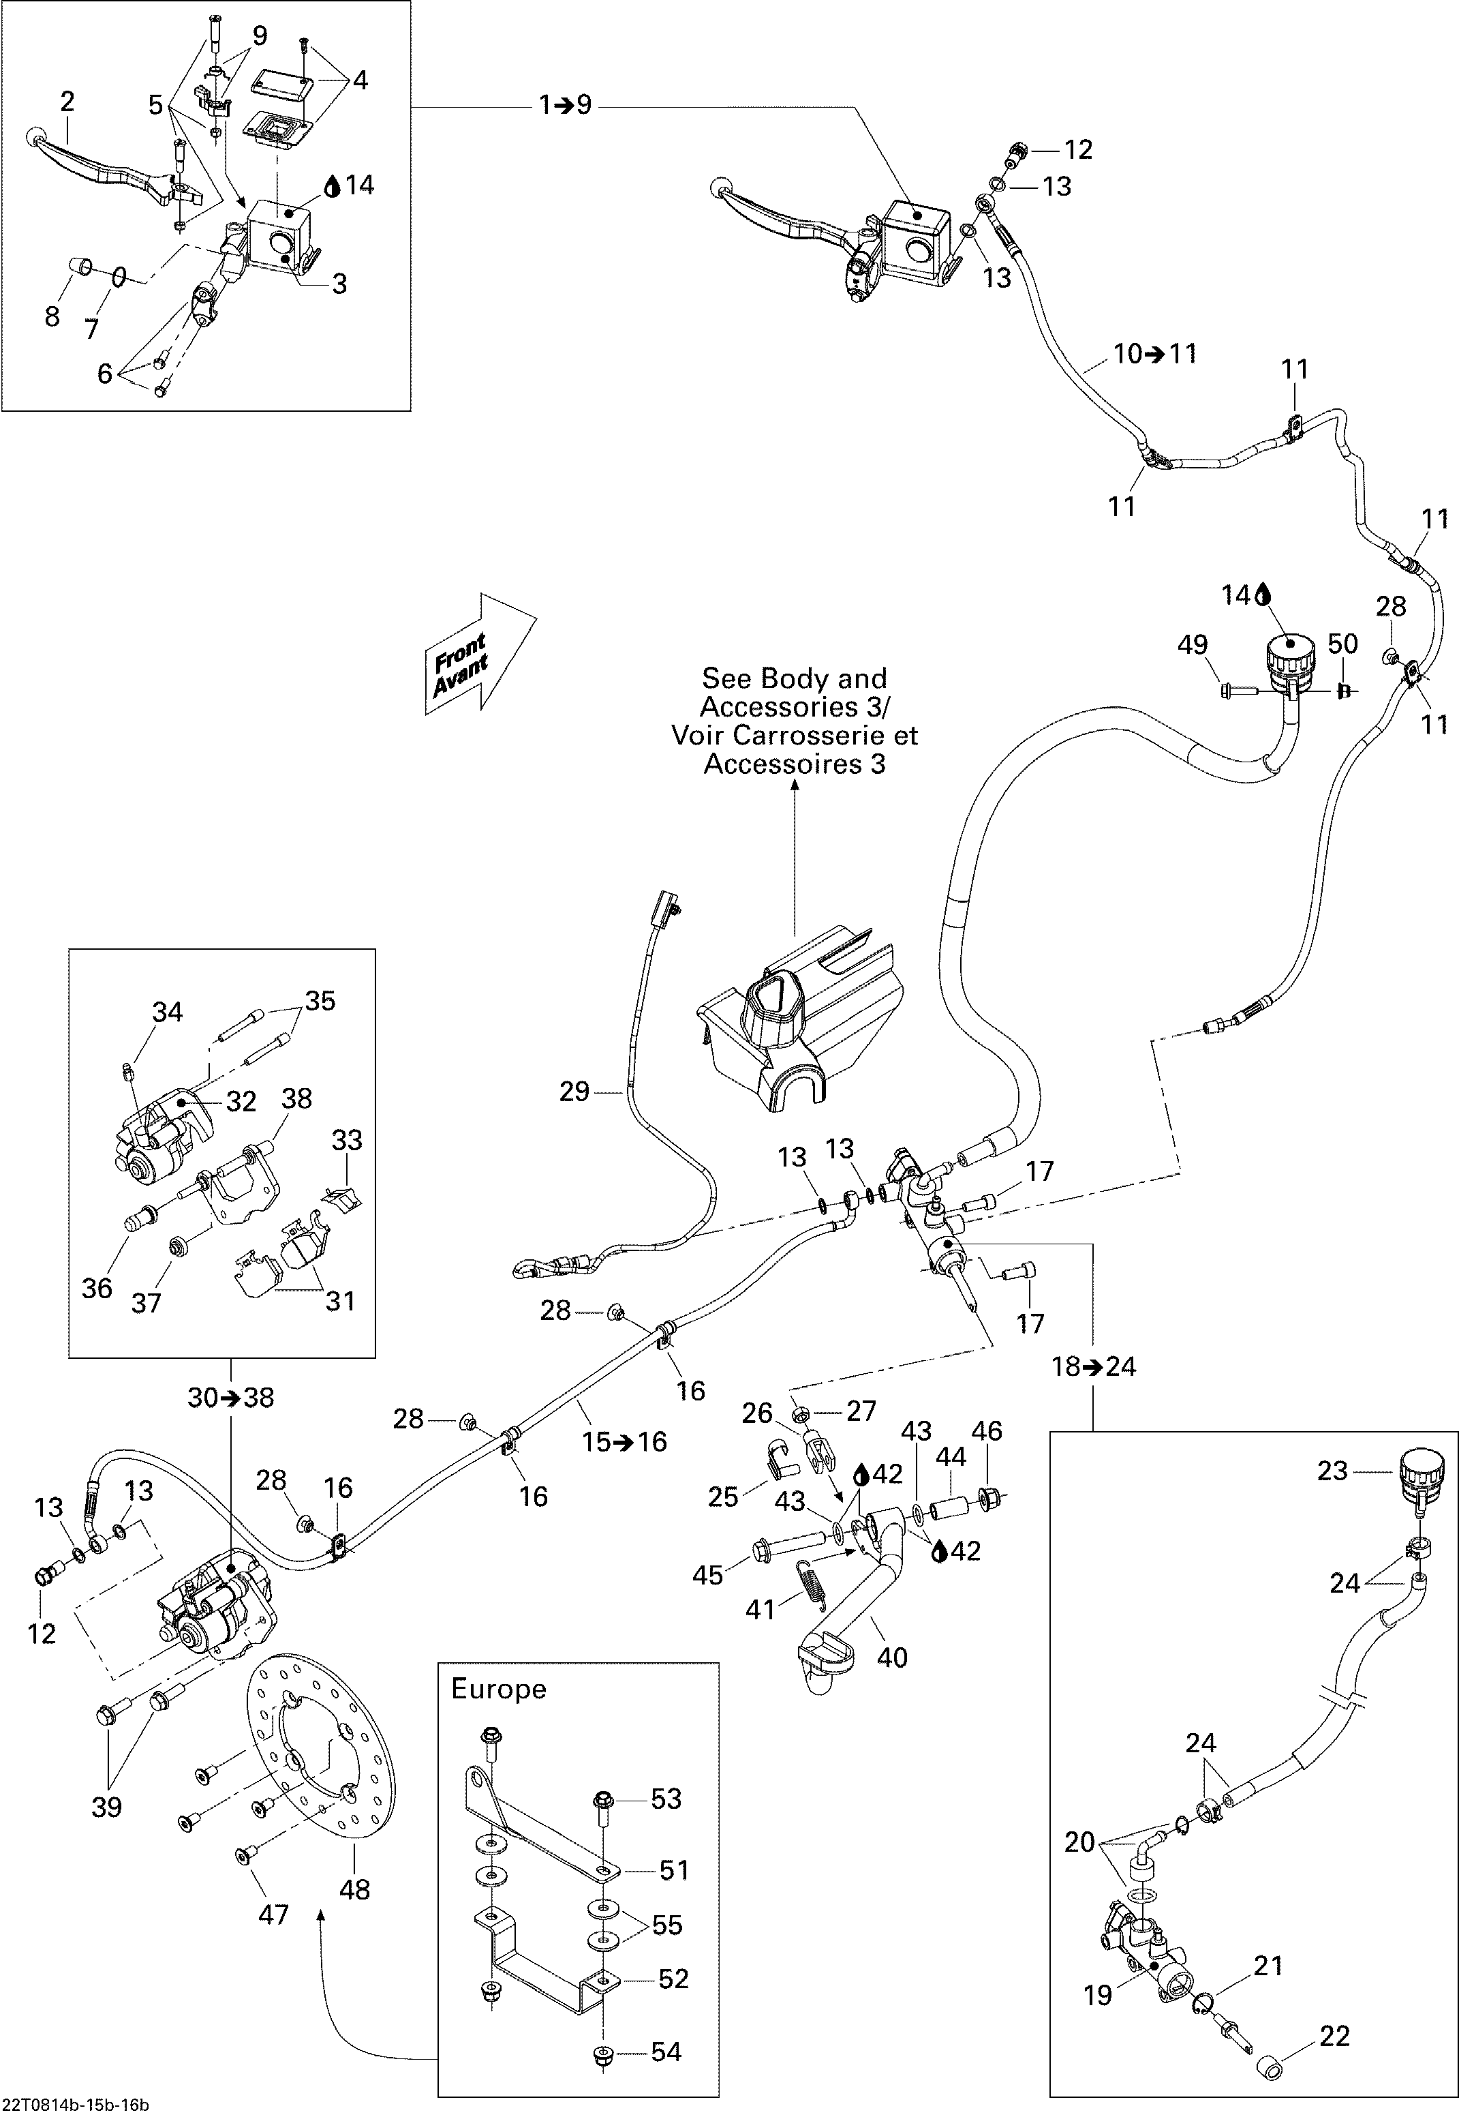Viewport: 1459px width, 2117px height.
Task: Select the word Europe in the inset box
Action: pos(498,1689)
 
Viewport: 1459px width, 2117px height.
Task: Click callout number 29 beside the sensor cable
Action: pos(574,1092)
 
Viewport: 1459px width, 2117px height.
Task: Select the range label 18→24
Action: pos(1094,1366)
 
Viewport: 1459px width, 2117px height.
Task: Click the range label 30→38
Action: pos(230,1397)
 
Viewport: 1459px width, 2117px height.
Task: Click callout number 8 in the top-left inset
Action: pos(52,316)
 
